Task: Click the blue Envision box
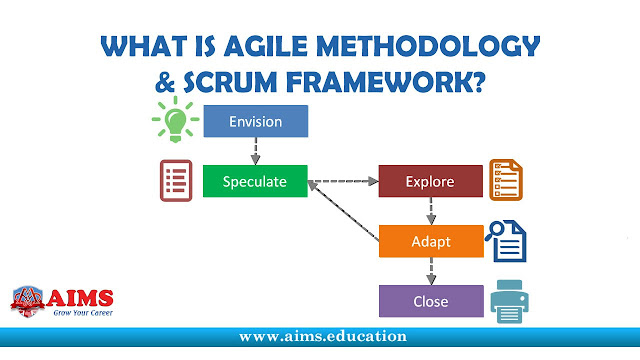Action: coord(255,122)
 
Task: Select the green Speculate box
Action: coord(255,182)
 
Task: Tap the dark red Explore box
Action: coord(430,182)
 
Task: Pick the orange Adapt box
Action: coord(430,242)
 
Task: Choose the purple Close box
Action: coord(430,300)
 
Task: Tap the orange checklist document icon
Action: coord(505,180)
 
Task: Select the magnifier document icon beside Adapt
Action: coord(506,241)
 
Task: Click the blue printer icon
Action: coord(508,299)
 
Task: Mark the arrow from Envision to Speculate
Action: coord(255,152)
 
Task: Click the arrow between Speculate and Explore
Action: coord(343,182)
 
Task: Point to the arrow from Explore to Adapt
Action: coord(430,211)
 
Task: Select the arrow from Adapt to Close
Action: coord(430,271)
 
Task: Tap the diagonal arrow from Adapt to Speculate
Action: coord(345,213)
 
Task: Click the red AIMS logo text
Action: coord(81,297)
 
